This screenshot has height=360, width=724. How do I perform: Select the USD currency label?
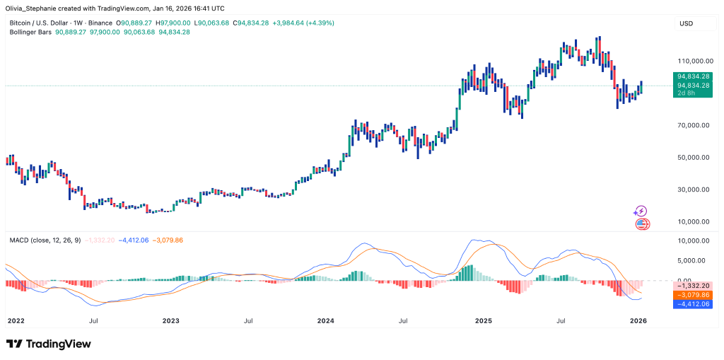click(x=686, y=23)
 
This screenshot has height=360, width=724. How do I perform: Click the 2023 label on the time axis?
click(x=171, y=320)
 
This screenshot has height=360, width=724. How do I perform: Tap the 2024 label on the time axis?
click(x=326, y=320)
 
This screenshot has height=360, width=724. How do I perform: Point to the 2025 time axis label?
click(x=483, y=320)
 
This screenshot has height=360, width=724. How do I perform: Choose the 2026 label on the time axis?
click(x=638, y=320)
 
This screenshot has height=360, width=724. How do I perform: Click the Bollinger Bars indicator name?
click(x=30, y=33)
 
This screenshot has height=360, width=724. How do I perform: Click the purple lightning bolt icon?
click(x=641, y=211)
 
